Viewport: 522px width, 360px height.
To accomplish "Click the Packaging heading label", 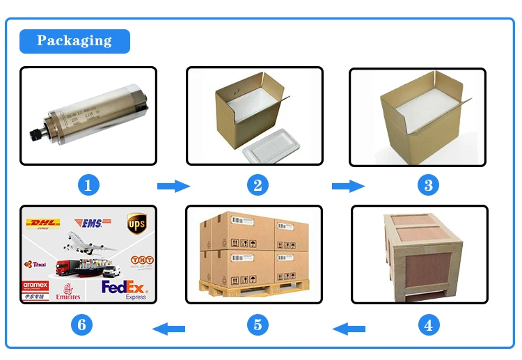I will point(74,40).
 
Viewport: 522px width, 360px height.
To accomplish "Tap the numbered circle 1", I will point(88,185).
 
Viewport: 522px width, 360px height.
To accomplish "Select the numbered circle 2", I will point(258,185).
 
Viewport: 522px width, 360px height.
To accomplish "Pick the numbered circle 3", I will point(429,185).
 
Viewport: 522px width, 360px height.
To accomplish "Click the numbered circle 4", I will point(429,324).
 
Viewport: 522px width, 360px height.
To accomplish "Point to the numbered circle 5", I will point(258,324).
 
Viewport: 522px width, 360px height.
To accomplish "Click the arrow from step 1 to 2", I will point(173,186).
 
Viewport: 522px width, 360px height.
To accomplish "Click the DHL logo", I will point(42,224).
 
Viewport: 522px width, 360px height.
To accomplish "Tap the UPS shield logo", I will point(136,224).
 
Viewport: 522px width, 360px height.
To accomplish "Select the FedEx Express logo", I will point(125,288).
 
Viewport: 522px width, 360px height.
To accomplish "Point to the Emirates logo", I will point(68,292).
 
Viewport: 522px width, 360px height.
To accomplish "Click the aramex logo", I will point(35,285).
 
